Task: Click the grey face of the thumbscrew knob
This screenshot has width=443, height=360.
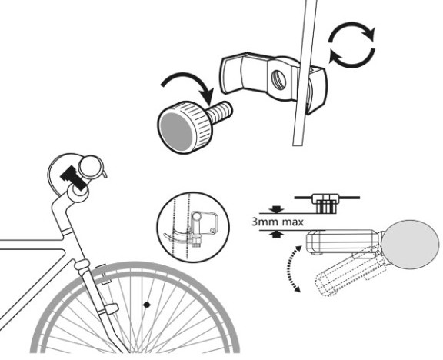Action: [177, 130]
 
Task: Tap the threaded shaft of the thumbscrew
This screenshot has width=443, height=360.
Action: [221, 112]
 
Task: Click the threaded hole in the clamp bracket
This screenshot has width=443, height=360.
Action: [278, 80]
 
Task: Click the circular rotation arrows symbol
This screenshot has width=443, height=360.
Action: [352, 45]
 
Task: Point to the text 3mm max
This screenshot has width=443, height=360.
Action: [278, 222]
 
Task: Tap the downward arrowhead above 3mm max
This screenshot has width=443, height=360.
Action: [276, 210]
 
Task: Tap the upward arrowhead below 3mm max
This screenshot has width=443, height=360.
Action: [276, 234]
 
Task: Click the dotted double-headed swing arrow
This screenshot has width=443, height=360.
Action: [291, 268]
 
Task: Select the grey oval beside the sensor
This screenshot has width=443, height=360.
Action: [411, 244]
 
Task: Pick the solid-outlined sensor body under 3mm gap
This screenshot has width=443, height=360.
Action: [344, 242]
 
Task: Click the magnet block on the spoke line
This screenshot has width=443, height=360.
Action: [325, 203]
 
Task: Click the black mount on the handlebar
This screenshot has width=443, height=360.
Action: [73, 178]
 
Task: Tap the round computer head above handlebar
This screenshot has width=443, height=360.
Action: [91, 167]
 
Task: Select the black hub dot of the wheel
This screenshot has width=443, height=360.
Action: [146, 305]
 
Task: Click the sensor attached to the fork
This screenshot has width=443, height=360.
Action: [110, 308]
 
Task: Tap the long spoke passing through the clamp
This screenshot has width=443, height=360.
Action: [305, 73]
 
